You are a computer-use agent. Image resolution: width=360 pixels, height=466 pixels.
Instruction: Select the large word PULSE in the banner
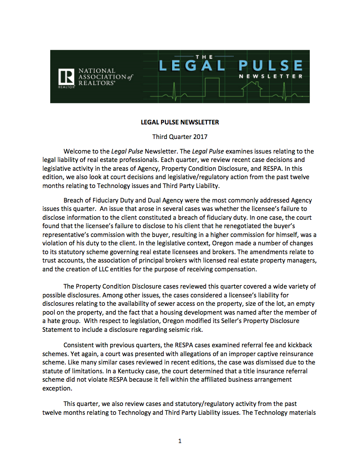click(270, 66)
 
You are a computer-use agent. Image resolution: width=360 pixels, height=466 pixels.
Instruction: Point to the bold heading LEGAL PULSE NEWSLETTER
click(180, 122)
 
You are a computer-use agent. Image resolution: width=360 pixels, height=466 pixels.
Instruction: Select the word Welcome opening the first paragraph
click(78, 151)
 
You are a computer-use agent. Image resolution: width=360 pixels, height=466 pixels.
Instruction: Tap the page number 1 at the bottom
click(180, 441)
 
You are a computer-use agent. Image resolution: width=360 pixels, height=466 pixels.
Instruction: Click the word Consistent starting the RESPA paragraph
click(79, 345)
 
